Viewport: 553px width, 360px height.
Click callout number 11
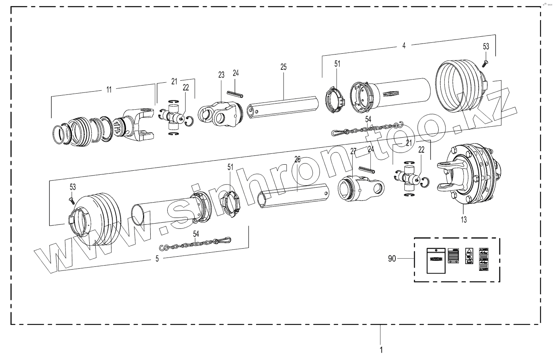[x=109, y=90]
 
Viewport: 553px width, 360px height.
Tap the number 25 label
[x=283, y=67]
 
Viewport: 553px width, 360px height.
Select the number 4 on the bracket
[x=404, y=46]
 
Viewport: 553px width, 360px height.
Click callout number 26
[x=297, y=159]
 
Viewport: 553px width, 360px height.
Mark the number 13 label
[x=463, y=220]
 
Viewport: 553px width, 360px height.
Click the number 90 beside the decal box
[x=392, y=259]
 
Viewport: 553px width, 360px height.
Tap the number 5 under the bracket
[x=157, y=259]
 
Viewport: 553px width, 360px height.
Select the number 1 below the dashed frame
[x=381, y=348]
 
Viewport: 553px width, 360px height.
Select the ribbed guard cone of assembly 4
[x=460, y=87]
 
